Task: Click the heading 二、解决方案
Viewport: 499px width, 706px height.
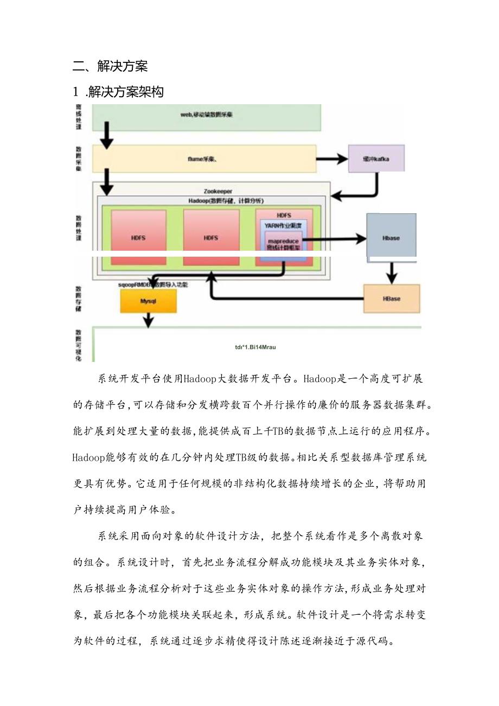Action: [x=110, y=66]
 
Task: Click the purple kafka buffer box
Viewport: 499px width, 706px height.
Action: [x=376, y=159]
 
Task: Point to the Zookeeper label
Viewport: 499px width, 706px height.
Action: [x=218, y=191]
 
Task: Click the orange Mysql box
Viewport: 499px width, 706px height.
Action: [x=148, y=301]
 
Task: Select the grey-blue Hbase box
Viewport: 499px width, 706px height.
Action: [x=391, y=237]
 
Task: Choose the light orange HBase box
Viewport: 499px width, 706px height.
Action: [x=391, y=299]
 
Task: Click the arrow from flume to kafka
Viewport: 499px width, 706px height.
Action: [x=332, y=159]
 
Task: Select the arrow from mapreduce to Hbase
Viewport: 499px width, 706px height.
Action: [x=334, y=238]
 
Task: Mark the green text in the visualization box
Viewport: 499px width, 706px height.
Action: [x=255, y=347]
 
